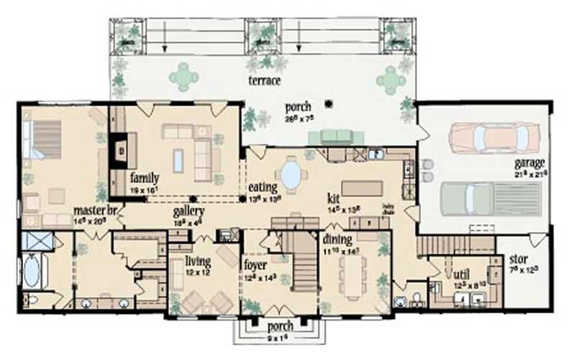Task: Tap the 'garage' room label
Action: pyautogui.click(x=530, y=162)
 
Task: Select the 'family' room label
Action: pyautogui.click(x=144, y=177)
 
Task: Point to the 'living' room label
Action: pyautogui.click(x=198, y=261)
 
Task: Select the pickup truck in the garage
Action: pyautogui.click(x=489, y=198)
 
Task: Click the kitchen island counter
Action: pyautogui.click(x=362, y=188)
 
